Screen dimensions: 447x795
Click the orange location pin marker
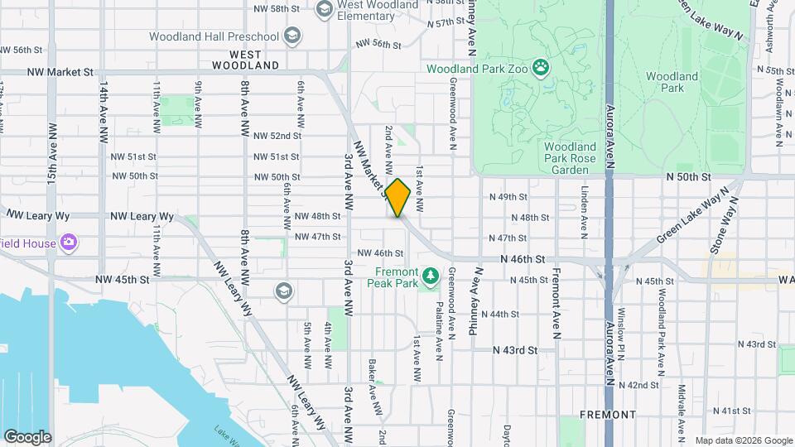click(x=397, y=197)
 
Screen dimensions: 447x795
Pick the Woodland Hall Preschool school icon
click(x=291, y=36)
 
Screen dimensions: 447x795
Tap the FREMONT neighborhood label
click(x=608, y=414)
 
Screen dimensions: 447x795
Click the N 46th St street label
click(x=523, y=259)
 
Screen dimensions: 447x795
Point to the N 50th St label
click(x=688, y=177)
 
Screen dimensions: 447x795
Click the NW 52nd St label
click(x=277, y=136)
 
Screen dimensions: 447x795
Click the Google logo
click(x=27, y=436)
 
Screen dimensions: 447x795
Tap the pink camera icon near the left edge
click(x=69, y=243)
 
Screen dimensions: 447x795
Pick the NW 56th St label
click(x=378, y=43)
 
